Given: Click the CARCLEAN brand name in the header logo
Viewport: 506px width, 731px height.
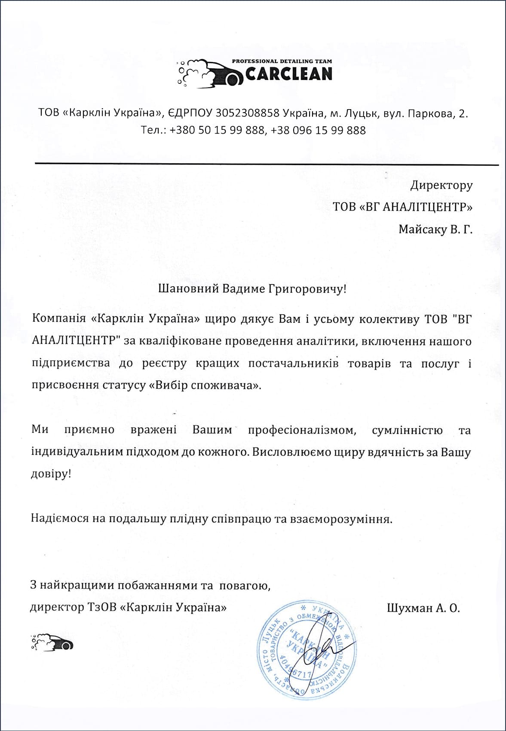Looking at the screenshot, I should tap(289, 74).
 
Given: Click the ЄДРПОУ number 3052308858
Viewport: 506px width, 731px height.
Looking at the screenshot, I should tap(247, 113).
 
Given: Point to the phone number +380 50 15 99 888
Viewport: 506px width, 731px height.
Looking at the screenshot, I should tap(217, 130).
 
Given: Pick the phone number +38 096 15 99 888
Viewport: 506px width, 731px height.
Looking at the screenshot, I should tap(318, 130).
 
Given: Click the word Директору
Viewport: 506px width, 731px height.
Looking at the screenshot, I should tap(441, 185).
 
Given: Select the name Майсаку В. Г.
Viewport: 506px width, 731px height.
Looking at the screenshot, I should tap(435, 229).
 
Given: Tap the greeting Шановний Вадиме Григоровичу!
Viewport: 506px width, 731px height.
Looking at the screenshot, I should tap(252, 288).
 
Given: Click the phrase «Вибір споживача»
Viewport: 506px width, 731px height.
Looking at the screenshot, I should tap(205, 385).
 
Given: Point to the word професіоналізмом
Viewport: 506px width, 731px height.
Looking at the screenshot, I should tap(302, 430).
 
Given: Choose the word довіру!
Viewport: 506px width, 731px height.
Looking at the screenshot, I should tap(51, 474).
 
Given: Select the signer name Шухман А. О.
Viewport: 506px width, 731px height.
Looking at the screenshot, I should tap(423, 608).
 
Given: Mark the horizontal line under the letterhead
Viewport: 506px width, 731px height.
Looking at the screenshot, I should tap(267, 164).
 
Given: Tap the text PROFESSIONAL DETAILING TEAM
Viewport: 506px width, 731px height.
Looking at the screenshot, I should tap(282, 61).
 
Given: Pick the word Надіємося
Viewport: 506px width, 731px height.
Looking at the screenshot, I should tap(59, 519).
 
